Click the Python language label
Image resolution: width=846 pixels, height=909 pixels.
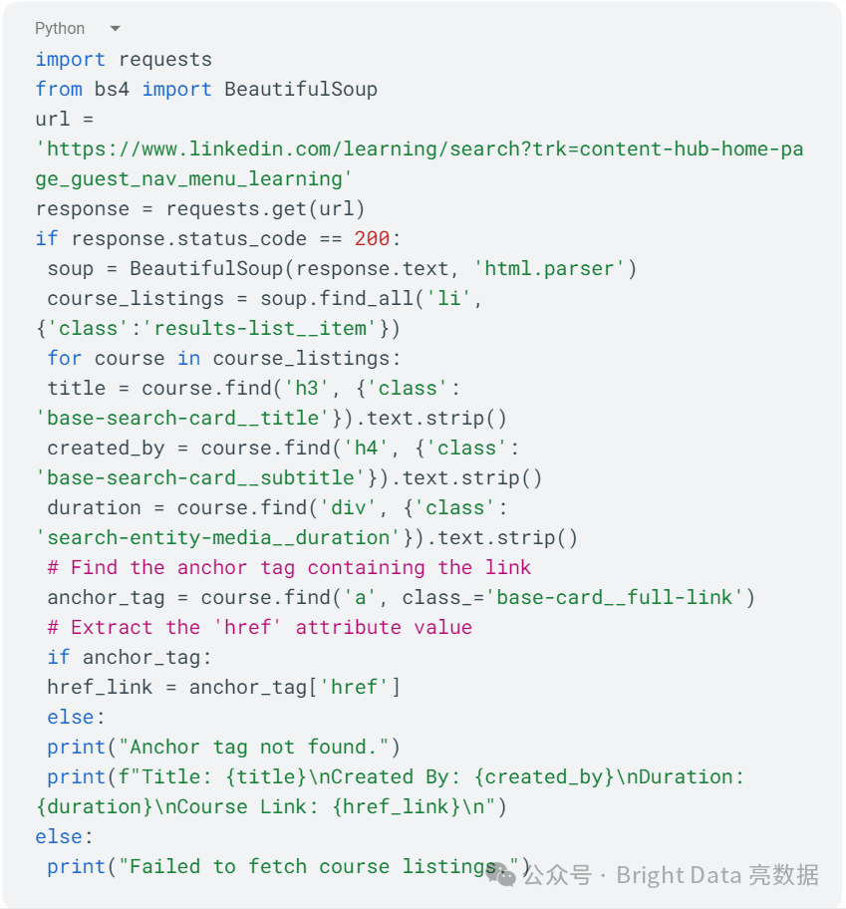[x=60, y=28]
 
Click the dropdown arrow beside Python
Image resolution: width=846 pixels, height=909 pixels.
[x=115, y=29]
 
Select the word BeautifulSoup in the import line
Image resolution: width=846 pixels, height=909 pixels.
[x=301, y=89]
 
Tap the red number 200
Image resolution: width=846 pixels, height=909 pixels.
[x=372, y=238]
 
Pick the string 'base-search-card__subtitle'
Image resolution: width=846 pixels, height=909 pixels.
[x=200, y=477]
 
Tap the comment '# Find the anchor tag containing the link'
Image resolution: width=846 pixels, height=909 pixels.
[x=289, y=567]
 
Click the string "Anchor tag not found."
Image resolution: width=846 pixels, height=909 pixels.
[x=259, y=747]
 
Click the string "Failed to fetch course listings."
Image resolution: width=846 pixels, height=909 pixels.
[x=319, y=866]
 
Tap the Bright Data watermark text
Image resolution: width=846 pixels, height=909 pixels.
[x=678, y=875]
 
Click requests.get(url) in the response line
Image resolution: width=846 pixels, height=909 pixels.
[x=265, y=208]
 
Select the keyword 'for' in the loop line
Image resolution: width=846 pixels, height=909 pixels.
[x=65, y=358]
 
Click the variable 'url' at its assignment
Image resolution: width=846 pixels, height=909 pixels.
[x=53, y=119]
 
